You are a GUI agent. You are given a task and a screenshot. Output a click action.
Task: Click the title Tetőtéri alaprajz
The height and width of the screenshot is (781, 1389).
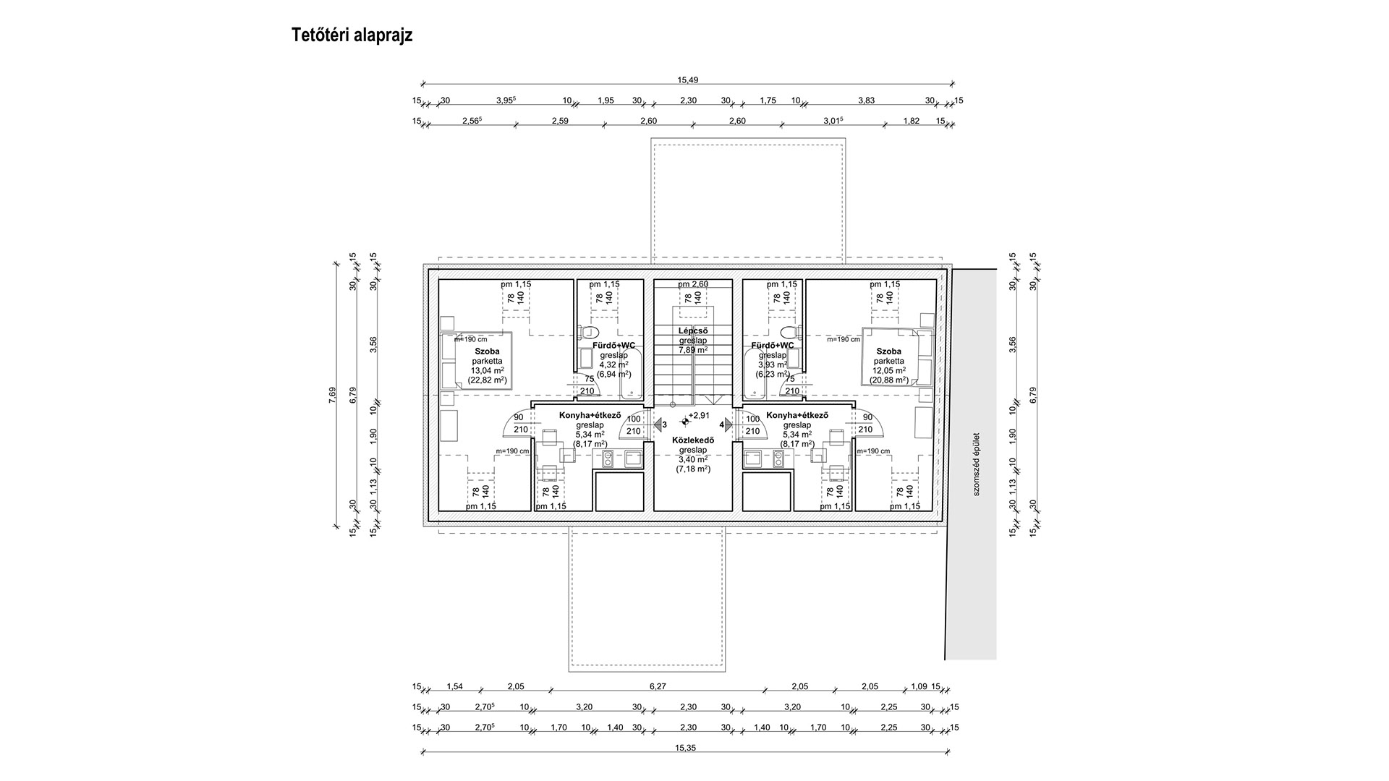[352, 35]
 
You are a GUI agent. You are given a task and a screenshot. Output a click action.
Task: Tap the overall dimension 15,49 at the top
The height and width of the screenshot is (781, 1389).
[687, 80]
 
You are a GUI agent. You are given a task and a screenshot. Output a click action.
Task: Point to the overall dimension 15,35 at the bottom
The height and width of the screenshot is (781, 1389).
[686, 748]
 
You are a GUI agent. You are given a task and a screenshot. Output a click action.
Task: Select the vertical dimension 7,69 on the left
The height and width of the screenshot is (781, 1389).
[332, 394]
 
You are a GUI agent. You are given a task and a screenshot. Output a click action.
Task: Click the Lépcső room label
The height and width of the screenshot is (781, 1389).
[692, 331]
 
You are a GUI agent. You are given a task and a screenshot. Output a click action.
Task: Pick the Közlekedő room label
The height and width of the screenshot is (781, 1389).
[693, 440]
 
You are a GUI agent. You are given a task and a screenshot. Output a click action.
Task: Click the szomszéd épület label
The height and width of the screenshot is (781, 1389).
[975, 464]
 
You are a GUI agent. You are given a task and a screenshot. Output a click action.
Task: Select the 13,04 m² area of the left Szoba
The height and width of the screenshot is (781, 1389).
[487, 370]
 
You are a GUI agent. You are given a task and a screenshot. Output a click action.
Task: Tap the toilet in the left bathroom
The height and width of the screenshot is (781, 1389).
[583, 332]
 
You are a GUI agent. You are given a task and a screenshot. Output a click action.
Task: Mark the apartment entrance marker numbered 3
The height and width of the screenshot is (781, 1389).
[660, 424]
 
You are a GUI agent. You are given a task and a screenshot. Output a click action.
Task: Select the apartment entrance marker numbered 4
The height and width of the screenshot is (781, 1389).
[726, 424]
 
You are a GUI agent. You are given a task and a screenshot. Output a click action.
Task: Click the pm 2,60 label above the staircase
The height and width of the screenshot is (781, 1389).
[692, 284]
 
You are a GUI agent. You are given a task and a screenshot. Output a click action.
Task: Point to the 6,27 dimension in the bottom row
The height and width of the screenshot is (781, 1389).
[658, 686]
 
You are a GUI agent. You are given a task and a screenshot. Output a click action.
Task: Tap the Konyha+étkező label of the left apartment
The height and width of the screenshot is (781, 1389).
[590, 416]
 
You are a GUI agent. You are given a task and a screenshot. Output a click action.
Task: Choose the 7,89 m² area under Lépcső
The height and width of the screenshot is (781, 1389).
[692, 350]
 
